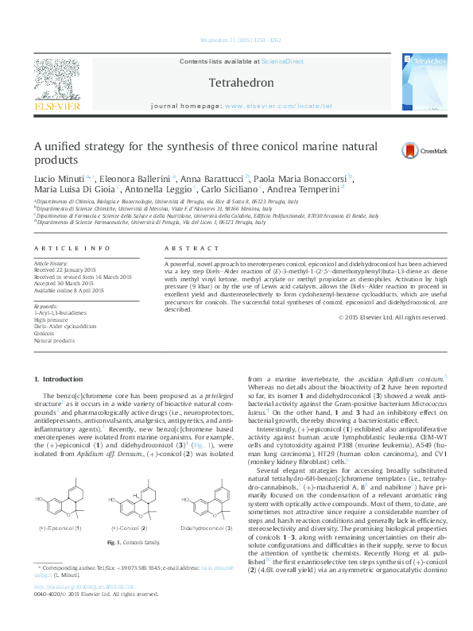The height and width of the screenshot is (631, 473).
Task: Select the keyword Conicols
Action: [x=44, y=334]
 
